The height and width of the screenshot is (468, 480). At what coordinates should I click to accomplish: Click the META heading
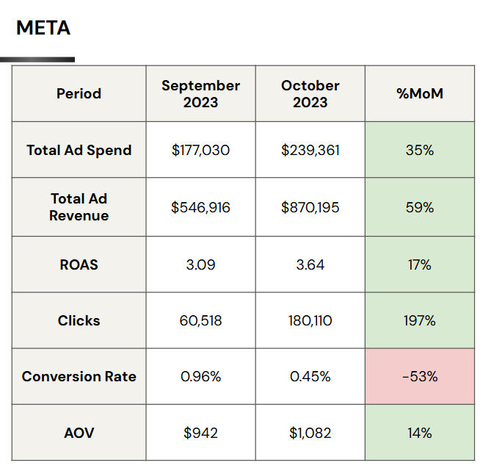43,28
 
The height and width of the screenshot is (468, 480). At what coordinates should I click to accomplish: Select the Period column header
79,93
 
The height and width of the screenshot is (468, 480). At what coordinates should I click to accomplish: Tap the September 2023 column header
200,93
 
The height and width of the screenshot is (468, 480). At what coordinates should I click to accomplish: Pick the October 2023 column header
310,93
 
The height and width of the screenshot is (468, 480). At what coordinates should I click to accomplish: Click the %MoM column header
420,93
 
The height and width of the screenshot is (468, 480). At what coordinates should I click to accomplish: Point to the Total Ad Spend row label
79,150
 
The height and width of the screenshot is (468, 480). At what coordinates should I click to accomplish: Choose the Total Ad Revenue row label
79,207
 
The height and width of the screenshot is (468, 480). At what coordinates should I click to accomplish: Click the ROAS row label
79,264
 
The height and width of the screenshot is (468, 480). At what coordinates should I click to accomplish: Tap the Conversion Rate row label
79,376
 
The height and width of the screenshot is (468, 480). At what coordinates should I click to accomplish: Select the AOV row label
79,433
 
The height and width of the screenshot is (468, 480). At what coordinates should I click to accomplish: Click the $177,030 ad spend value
200,150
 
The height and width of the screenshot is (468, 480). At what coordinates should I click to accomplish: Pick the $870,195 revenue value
310,207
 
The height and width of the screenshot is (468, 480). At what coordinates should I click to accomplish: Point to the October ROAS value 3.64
310,264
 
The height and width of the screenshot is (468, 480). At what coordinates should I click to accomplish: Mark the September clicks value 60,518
200,320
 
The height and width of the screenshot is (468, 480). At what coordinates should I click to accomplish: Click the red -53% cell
420,376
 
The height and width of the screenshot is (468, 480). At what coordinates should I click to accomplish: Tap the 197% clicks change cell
420,320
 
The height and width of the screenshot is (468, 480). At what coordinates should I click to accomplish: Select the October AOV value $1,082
310,433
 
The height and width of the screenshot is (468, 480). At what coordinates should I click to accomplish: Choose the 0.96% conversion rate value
200,376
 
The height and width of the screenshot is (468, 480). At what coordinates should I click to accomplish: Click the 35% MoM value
420,150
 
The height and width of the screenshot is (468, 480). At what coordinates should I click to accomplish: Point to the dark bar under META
37,60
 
